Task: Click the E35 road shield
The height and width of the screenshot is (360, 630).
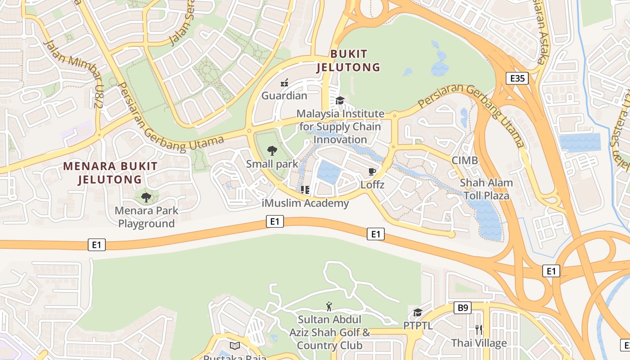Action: coord(517,78)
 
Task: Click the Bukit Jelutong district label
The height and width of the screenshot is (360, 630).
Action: coord(348,61)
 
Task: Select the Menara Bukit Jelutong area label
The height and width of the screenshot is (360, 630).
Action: coord(110,173)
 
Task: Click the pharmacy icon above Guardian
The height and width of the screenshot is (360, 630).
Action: coord(284,82)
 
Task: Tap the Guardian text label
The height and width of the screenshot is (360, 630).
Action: coord(284,95)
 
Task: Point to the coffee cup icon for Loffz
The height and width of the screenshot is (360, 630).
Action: coord(372,171)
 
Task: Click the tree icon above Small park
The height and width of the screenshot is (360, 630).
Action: coord(272,151)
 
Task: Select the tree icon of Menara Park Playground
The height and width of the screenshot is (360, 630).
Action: coord(146,197)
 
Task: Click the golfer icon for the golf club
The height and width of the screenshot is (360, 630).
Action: coord(329,306)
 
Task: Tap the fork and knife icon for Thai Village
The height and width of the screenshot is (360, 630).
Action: coord(479,329)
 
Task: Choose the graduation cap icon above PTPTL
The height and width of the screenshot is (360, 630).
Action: coord(418,312)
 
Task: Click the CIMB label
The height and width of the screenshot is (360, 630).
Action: coord(465,160)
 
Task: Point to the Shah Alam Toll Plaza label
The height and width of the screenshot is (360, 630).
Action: coord(486,189)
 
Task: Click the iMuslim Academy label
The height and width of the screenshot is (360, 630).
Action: coord(305,203)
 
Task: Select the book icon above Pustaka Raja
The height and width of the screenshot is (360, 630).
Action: coord(234,346)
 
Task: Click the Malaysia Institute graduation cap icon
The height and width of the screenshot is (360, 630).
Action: coord(340,100)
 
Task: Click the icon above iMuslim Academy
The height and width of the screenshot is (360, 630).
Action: coord(305,190)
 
